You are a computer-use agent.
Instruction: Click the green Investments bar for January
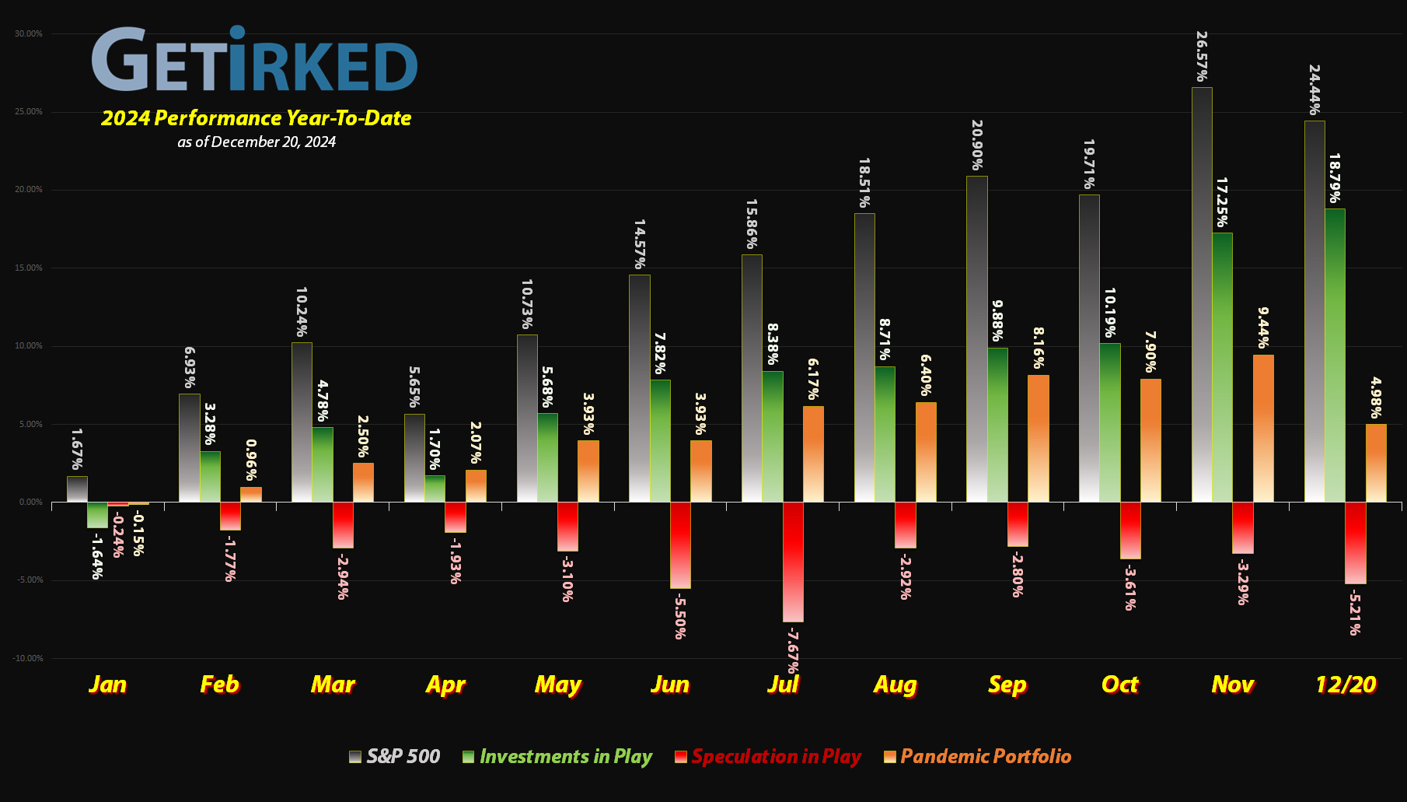coord(97,515)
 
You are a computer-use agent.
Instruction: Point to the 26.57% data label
coord(1202,56)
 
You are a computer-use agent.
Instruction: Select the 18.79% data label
coord(1334,178)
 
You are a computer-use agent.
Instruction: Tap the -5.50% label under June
coord(679,615)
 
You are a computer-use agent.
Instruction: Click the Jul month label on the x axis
coord(783,685)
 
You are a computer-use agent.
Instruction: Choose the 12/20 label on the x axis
coord(1346,685)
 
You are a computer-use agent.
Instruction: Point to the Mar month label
coord(333,685)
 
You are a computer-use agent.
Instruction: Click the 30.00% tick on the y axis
coord(29,33)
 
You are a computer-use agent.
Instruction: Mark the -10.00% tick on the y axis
coord(28,658)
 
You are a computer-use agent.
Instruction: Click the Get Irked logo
coord(255,60)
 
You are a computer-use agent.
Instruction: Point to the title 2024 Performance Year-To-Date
coord(257,118)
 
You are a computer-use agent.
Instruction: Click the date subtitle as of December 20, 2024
coord(257,142)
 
